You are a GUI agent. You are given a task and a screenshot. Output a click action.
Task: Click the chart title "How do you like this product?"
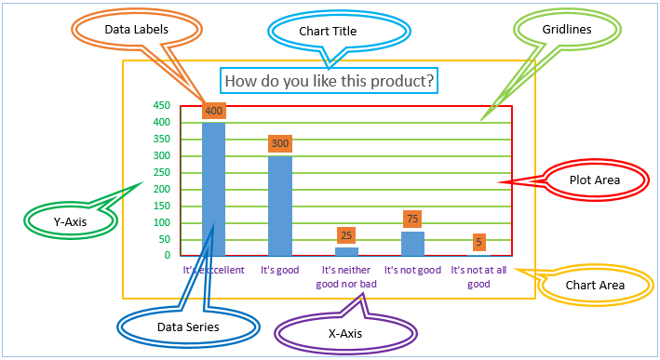point(330,81)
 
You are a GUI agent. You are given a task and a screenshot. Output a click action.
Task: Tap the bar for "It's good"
point(280,205)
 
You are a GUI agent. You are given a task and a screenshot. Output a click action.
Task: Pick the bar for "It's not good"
point(413,243)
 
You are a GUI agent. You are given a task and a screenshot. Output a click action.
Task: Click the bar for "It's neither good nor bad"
point(346,251)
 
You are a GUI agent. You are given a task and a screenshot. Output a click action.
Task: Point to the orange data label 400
point(214,111)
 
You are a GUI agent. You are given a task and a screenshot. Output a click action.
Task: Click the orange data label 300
point(280,144)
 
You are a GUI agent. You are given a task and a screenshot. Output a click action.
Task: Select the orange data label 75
point(413,220)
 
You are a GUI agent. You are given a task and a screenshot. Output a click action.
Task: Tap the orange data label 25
point(346,235)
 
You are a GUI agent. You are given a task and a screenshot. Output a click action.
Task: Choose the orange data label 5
point(479,242)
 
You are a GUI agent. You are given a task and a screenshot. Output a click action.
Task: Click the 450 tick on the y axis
point(161,106)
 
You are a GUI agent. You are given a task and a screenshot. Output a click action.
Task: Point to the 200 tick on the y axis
point(161,189)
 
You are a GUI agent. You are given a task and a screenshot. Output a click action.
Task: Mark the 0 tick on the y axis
point(167,255)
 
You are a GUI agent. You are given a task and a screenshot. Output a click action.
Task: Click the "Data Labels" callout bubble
point(136,30)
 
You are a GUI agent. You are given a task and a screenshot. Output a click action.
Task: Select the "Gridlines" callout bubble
point(567,30)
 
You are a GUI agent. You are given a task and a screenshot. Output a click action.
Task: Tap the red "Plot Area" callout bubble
point(595,179)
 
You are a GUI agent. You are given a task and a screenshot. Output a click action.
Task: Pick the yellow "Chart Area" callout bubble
point(595,286)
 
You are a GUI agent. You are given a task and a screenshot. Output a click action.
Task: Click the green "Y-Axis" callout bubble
point(70,221)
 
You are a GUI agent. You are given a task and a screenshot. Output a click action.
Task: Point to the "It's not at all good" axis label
point(478,277)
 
